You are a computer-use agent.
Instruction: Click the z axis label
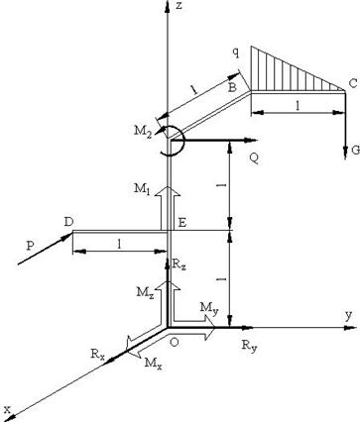point(180,6)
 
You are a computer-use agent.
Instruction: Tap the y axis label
point(349,315)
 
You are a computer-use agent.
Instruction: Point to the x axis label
point(8,409)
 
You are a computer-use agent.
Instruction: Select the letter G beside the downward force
point(355,151)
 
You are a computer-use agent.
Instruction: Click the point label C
point(353,84)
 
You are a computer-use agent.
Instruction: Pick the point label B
point(233,87)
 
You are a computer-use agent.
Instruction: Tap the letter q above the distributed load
point(235,53)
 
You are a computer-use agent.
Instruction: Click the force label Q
point(254,159)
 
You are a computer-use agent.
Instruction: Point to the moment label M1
point(142,189)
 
